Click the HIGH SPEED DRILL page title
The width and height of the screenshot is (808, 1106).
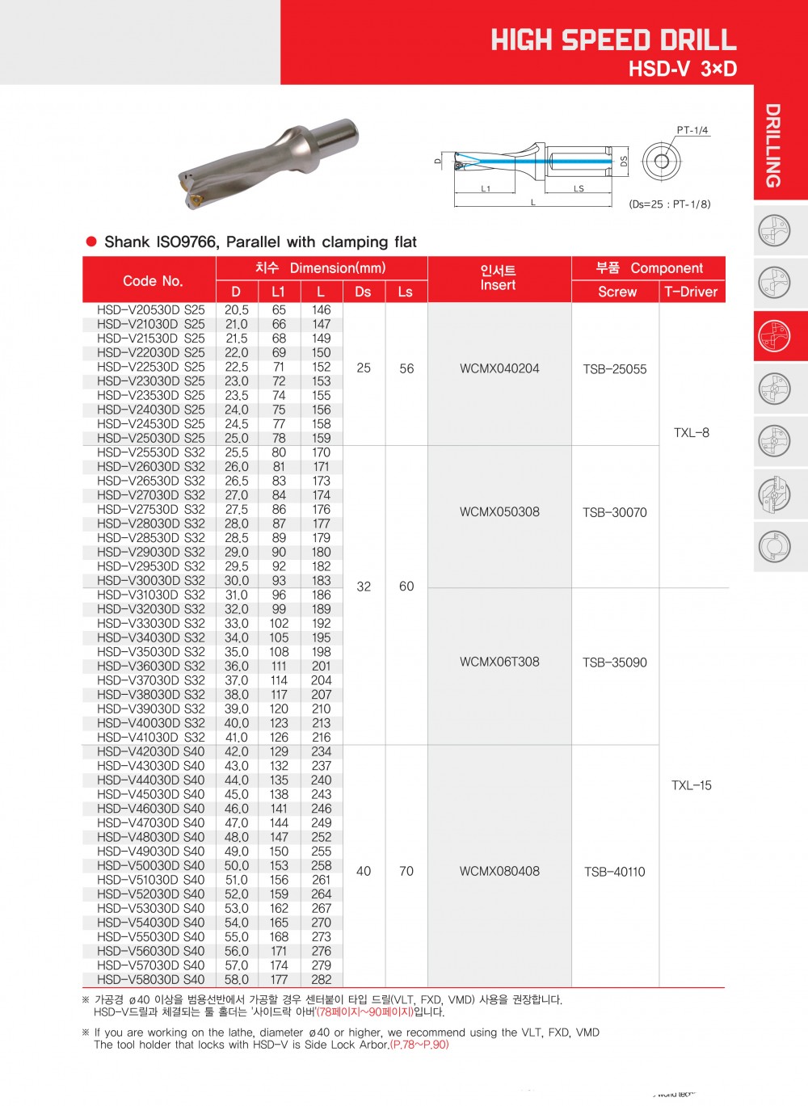613,40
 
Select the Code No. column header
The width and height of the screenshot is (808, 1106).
153,280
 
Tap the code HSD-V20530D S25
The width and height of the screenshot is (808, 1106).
151,310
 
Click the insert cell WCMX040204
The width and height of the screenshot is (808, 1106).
499,368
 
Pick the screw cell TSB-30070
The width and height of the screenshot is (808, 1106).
615,512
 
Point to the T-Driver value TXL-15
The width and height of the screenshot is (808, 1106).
692,785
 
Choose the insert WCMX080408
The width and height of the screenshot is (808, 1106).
499,871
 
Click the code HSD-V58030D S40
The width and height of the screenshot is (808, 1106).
151,979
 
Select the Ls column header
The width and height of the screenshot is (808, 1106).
406,292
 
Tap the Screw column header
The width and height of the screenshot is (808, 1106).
617,292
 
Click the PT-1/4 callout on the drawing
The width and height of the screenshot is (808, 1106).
692,130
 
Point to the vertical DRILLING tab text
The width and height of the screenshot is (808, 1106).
773,145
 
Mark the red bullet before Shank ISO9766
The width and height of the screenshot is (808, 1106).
91,242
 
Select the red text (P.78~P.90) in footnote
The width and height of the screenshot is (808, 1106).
419,1045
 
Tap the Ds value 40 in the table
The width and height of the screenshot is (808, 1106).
364,871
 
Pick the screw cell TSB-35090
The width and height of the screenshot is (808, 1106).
615,662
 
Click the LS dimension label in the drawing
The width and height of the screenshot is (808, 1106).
579,188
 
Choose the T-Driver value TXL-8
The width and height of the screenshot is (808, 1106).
692,433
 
